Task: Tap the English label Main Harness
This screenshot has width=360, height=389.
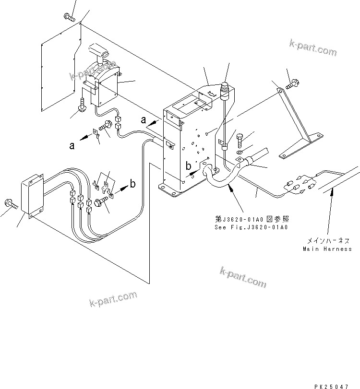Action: coord(327,249)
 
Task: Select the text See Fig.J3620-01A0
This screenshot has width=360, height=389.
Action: coord(251,227)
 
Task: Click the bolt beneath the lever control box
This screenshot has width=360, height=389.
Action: coord(83,105)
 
